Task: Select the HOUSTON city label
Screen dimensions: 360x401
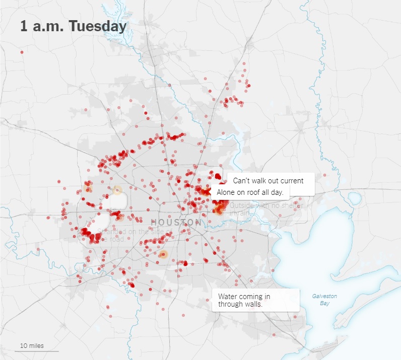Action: pyautogui.click(x=176, y=222)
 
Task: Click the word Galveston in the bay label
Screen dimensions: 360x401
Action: pyautogui.click(x=324, y=296)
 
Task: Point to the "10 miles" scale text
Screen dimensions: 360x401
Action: pyautogui.click(x=32, y=345)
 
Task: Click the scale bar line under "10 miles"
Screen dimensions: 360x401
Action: pyautogui.click(x=36, y=351)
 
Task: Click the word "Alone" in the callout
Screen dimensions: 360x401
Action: pyautogui.click(x=226, y=192)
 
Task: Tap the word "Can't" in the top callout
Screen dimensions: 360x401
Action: pyautogui.click(x=242, y=180)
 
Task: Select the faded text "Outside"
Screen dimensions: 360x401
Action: pyautogui.click(x=242, y=205)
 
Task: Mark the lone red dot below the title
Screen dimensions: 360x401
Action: pyautogui.click(x=22, y=52)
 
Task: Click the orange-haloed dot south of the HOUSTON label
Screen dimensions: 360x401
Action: pyautogui.click(x=163, y=254)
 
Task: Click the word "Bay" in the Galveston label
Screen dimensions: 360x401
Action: pyautogui.click(x=324, y=303)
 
